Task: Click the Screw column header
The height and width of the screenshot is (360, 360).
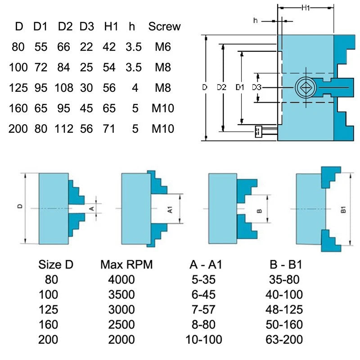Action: pyautogui.click(x=164, y=27)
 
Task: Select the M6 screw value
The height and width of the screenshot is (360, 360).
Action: pyautogui.click(x=163, y=47)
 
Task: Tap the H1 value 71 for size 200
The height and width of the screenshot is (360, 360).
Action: pyautogui.click(x=109, y=129)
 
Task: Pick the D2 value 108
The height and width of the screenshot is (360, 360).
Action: pyautogui.click(x=64, y=88)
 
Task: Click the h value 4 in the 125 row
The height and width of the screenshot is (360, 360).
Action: pyautogui.click(x=135, y=88)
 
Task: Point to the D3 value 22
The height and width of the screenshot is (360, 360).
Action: pyautogui.click(x=86, y=47)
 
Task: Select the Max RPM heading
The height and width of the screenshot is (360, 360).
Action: pyautogui.click(x=126, y=265)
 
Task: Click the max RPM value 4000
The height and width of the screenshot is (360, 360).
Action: pyautogui.click(x=121, y=279)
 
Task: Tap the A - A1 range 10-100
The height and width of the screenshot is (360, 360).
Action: pyautogui.click(x=204, y=339)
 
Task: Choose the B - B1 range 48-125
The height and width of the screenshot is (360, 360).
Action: pyautogui.click(x=284, y=310)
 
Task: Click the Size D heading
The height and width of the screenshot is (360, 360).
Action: pyautogui.click(x=56, y=265)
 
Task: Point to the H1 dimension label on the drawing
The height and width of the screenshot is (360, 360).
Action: pyautogui.click(x=306, y=8)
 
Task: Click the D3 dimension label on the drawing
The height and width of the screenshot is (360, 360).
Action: pyautogui.click(x=256, y=87)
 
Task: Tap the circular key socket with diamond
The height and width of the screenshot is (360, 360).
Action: pyautogui.click(x=306, y=87)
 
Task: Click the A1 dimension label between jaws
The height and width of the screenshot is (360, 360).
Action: pyautogui.click(x=170, y=210)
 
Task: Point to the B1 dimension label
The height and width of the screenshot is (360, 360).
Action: pyautogui.click(x=343, y=210)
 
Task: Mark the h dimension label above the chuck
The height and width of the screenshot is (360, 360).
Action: pyautogui.click(x=255, y=21)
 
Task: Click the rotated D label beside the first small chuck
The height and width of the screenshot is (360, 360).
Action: pyautogui.click(x=20, y=206)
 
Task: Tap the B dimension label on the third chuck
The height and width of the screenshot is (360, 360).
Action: pyautogui.click(x=259, y=211)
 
